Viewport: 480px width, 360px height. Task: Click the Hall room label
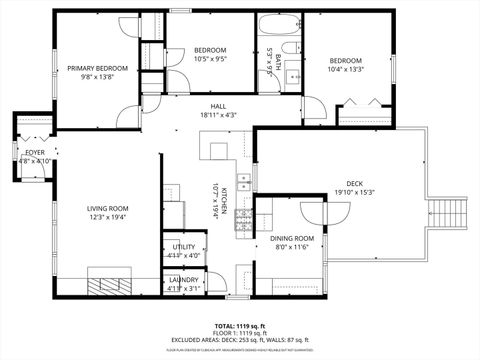(217, 106)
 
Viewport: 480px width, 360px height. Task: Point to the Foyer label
(35, 153)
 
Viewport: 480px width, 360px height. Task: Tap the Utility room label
(184, 246)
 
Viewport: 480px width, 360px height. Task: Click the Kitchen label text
(224, 200)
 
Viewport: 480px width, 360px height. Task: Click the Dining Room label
(292, 238)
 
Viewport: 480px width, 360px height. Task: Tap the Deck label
(354, 183)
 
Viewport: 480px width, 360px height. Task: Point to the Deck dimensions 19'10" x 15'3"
(354, 192)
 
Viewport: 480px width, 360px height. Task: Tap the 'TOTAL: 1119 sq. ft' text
(240, 326)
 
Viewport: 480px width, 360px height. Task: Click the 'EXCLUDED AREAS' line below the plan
(240, 340)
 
